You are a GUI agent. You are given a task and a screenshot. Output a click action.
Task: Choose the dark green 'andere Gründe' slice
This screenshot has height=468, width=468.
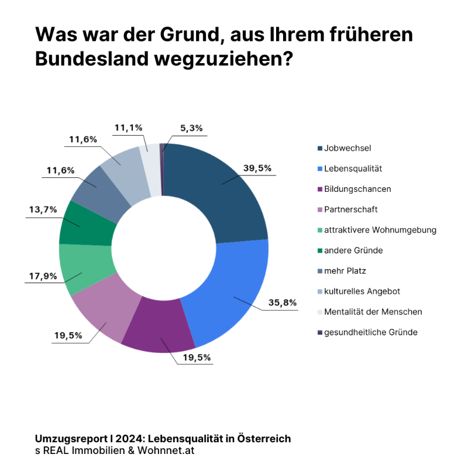[85, 225]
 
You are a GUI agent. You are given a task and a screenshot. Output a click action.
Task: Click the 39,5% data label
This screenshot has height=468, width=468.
[257, 168]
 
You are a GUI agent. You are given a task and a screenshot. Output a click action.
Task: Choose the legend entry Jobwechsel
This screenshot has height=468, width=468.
[347, 148]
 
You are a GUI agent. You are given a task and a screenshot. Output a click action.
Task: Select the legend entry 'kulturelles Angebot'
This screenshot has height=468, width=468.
[362, 291]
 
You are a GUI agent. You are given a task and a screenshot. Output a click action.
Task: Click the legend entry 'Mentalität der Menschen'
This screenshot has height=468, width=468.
[373, 311]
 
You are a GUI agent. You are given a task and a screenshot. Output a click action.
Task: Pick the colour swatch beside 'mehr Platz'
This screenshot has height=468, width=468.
[319, 271]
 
